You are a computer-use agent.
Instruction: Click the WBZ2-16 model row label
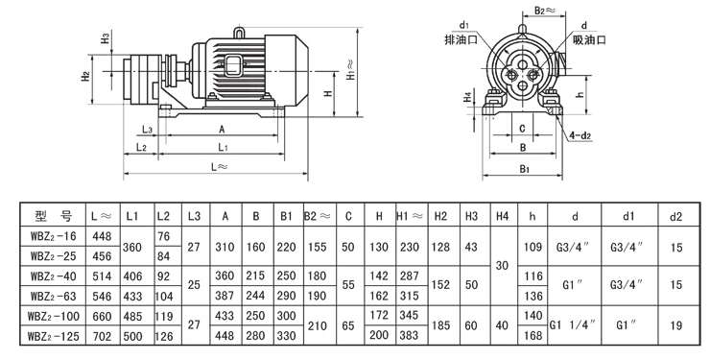[x=54, y=236]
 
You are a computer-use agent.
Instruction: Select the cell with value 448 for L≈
[x=102, y=236]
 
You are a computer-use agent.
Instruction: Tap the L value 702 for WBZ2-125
[x=102, y=336]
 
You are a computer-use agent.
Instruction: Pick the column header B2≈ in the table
[x=319, y=216]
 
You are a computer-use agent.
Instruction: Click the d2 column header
[x=675, y=216]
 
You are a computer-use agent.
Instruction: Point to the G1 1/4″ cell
[x=573, y=325]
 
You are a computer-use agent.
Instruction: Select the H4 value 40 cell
[x=502, y=325]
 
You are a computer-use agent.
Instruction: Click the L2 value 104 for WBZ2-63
[x=164, y=296]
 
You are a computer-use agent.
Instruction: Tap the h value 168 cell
[x=532, y=336]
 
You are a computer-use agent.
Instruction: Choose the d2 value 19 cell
[x=675, y=325]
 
